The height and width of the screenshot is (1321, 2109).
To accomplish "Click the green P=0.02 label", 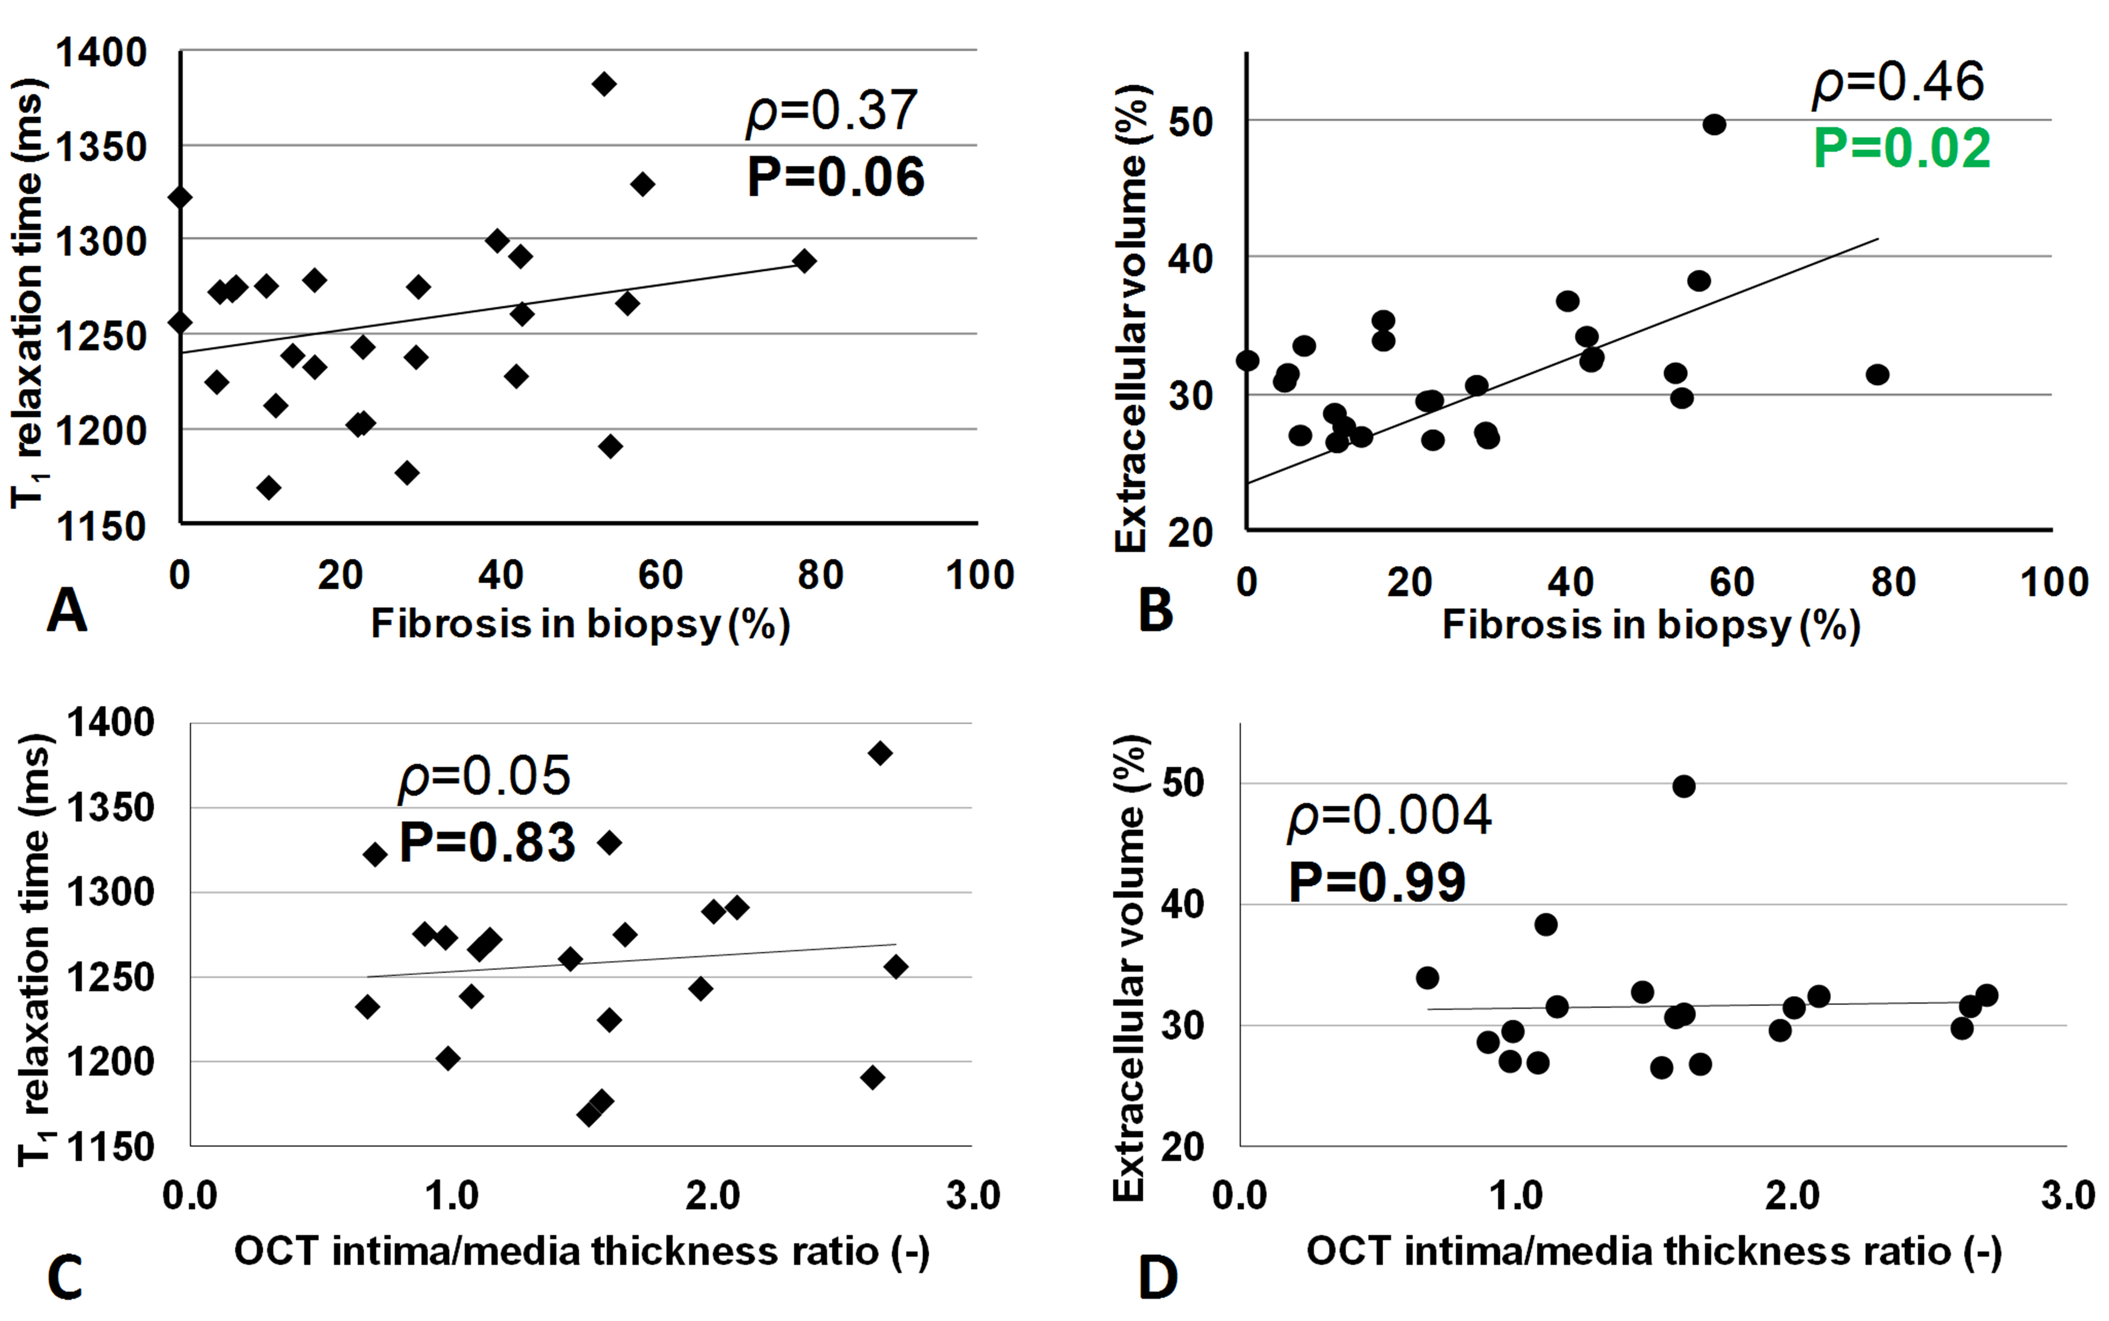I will pos(1901,149).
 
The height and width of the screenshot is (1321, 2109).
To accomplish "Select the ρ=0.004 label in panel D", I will pos(1389,816).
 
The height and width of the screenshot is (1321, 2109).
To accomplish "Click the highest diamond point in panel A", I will pos(604,84).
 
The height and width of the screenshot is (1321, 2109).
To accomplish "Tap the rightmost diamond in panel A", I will pos(804,260).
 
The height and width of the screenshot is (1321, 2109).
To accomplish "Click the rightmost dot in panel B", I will pos(1877,375).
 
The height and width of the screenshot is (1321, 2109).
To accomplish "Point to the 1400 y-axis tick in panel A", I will pos(101,53).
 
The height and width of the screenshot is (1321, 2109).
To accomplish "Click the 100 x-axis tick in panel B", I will pos(2054,582).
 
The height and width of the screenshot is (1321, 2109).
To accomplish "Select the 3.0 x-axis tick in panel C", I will pos(972,1195).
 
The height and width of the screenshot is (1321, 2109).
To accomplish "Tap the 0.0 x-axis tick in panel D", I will pos(1239,1195).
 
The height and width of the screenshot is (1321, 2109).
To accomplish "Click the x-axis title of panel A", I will pos(580,624).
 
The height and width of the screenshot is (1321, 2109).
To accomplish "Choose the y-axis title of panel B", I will pos(1131,319).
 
